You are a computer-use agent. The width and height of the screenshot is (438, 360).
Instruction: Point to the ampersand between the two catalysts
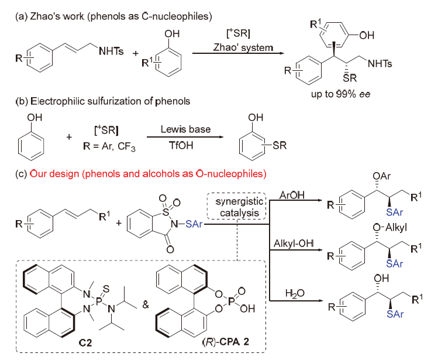coord(143,305)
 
